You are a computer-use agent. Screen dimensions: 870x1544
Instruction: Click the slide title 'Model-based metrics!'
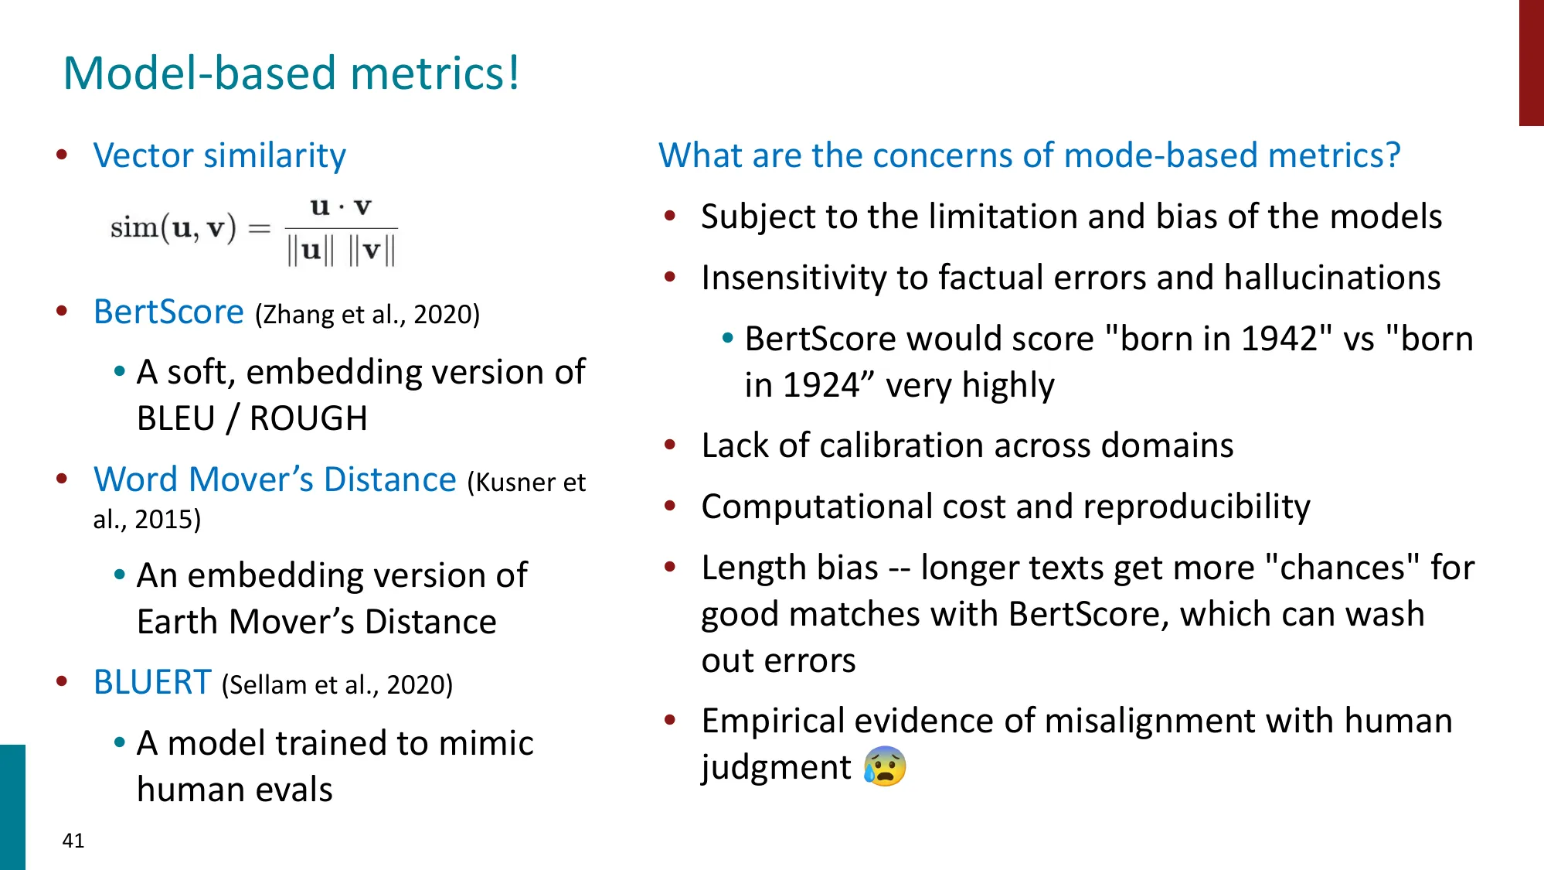[x=291, y=73]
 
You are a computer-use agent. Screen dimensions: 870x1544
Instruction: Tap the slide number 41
[x=73, y=841]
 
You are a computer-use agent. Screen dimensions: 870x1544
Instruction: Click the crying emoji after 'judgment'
[x=885, y=767]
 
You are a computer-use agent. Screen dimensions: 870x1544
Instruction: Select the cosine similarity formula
[x=253, y=230]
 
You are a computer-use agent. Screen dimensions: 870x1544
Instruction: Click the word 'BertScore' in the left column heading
[x=168, y=312]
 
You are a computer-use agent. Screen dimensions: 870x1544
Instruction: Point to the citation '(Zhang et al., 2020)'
[x=367, y=315]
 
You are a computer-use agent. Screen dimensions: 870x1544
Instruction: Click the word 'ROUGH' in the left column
[x=308, y=419]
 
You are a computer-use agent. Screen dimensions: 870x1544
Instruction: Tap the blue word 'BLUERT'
[x=152, y=683]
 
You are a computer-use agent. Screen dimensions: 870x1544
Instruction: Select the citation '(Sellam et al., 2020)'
[x=337, y=685]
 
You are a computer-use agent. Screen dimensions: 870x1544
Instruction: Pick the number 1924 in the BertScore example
[x=821, y=386]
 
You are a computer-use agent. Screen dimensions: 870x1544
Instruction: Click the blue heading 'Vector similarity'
[x=219, y=156]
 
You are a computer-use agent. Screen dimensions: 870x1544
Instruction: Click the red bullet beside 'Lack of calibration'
[x=670, y=445]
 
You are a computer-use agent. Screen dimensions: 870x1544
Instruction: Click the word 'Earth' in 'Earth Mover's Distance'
[x=177, y=623]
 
